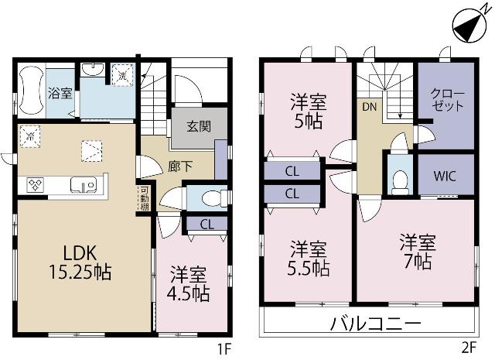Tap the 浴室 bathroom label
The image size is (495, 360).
[60, 94]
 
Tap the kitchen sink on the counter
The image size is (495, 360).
[81, 185]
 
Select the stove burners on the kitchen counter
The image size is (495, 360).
[37, 184]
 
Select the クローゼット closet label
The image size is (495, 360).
[447, 100]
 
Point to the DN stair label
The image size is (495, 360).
[368, 108]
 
